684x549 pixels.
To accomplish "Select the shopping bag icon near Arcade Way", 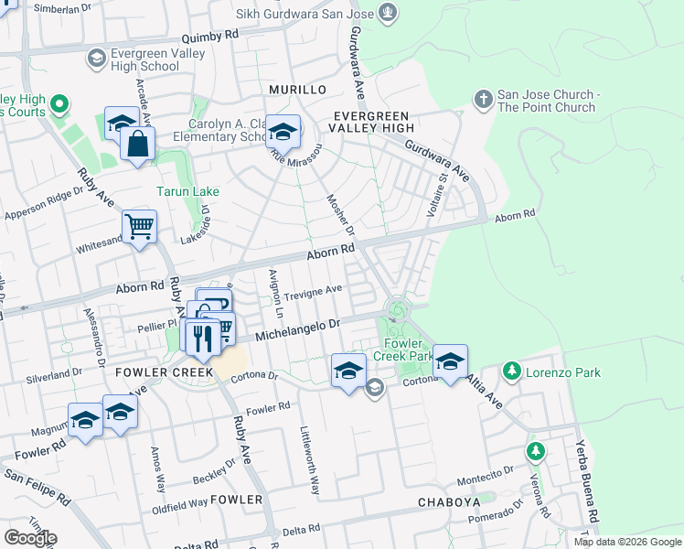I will click(x=137, y=145).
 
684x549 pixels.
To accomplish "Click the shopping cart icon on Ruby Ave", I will click(x=139, y=227).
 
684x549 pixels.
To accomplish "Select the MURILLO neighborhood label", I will click(x=297, y=90).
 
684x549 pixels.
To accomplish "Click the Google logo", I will click(x=30, y=538).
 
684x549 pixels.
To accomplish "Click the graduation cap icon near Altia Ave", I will click(x=450, y=361).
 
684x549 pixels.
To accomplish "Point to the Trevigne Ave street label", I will click(x=313, y=292).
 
